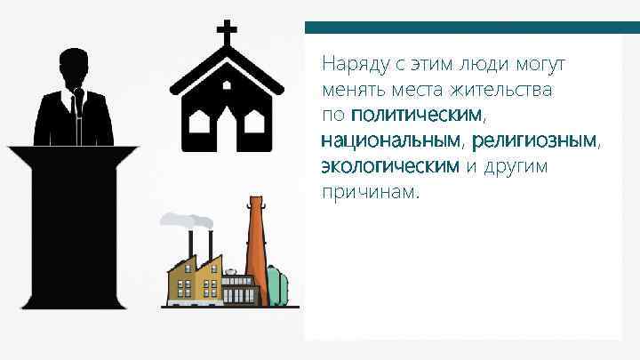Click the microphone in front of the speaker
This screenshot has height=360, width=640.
click(x=78, y=98)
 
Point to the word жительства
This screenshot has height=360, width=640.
click(x=503, y=90)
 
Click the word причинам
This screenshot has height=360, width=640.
click(x=368, y=191)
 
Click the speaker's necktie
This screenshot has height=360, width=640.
click(x=79, y=124)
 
